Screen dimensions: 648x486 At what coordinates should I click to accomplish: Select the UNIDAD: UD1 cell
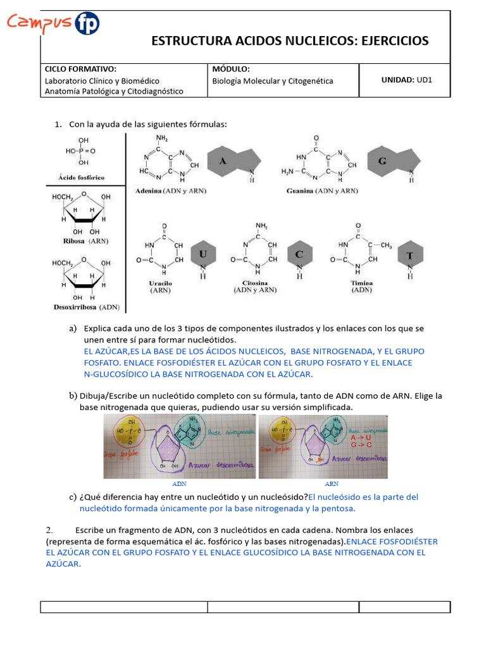(406, 80)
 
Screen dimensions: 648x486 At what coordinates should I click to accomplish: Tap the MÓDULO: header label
(231, 69)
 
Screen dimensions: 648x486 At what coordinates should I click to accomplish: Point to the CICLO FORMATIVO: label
(80, 69)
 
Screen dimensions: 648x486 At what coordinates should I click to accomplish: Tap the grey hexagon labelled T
(409, 256)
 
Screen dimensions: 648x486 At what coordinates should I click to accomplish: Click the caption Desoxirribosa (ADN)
(86, 308)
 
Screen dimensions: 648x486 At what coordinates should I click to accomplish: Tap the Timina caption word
(362, 283)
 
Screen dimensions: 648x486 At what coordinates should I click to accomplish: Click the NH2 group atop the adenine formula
(162, 137)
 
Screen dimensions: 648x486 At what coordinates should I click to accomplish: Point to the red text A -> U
(361, 437)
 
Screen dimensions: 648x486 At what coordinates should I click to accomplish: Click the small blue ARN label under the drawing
(332, 483)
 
